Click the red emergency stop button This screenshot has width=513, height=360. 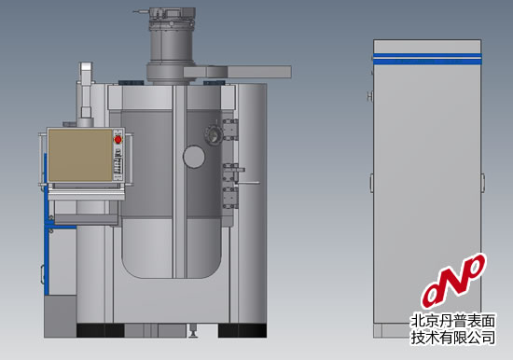(118, 140)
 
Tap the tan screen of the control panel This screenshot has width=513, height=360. (80, 155)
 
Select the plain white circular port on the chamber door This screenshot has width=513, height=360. (194, 157)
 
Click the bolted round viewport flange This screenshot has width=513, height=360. (214, 134)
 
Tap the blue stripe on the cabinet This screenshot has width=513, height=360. (427, 58)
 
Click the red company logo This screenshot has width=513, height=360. (454, 281)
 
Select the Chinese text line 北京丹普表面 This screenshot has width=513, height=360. (453, 321)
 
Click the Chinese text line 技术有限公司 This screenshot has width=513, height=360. (453, 337)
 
